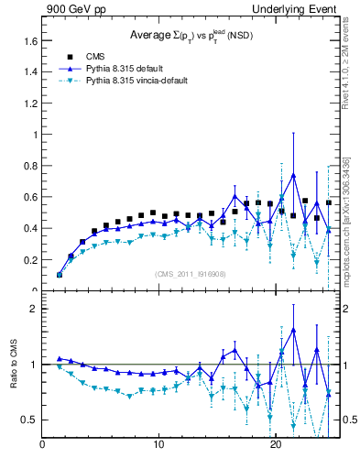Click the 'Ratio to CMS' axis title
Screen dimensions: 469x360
click(13, 365)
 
